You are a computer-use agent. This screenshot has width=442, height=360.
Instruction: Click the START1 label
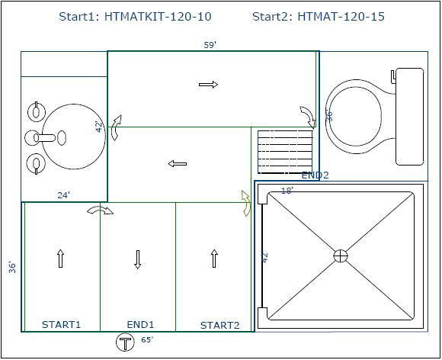61,324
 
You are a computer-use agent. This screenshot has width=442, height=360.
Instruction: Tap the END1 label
140,324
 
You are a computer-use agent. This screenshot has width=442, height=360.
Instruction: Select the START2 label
220,326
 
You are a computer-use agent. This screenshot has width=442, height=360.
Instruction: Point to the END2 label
315,175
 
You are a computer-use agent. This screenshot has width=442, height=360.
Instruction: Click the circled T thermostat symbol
125,342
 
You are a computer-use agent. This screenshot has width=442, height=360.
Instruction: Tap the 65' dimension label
147,339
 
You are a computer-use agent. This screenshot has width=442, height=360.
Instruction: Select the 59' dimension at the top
210,45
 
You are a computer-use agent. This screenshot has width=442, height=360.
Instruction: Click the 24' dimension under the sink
64,195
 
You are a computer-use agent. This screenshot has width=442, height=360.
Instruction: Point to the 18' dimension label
287,191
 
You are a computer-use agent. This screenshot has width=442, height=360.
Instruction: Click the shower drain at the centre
341,256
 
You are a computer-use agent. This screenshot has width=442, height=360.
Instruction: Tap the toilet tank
409,117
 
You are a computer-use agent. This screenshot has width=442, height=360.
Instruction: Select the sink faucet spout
46,138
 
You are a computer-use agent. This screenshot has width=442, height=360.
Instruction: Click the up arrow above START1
60,258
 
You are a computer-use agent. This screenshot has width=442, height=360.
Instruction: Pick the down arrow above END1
138,259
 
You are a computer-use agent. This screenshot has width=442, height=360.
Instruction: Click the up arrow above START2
214,258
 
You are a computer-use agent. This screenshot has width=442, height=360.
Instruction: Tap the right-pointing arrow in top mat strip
208,85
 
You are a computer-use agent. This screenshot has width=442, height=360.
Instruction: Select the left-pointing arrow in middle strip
178,164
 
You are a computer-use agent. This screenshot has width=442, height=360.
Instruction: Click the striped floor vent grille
285,152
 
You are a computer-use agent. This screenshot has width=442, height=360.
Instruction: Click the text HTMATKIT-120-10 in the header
158,17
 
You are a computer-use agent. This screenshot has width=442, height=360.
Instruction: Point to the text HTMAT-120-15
341,17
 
